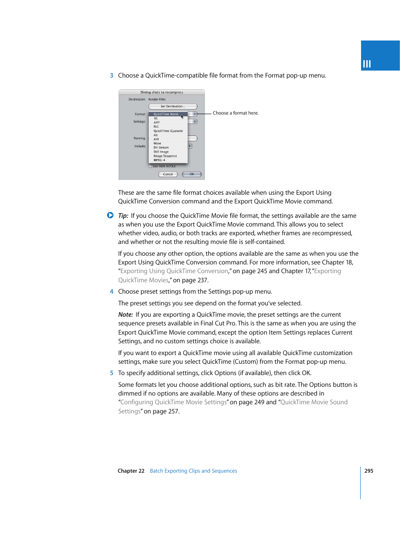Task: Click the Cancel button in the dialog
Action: click(x=168, y=174)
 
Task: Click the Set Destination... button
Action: click(x=173, y=106)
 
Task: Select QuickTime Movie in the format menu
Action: click(x=166, y=114)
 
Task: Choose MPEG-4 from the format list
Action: click(x=159, y=160)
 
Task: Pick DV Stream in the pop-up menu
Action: click(x=161, y=148)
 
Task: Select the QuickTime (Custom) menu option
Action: click(x=168, y=131)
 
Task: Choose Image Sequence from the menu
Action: click(x=165, y=156)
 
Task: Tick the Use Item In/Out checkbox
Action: click(x=150, y=166)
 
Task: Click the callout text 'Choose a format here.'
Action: click(x=235, y=113)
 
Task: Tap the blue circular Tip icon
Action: click(x=110, y=215)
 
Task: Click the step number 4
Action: click(x=112, y=292)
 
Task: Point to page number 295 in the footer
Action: click(x=369, y=471)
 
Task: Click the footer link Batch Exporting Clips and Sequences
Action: click(x=193, y=471)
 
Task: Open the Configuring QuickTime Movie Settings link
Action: click(x=174, y=403)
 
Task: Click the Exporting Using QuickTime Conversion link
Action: click(x=174, y=271)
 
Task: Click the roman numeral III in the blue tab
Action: click(x=367, y=64)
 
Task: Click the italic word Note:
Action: click(x=126, y=315)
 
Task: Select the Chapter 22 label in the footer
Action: click(x=131, y=471)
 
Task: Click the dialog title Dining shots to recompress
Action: click(x=162, y=92)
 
